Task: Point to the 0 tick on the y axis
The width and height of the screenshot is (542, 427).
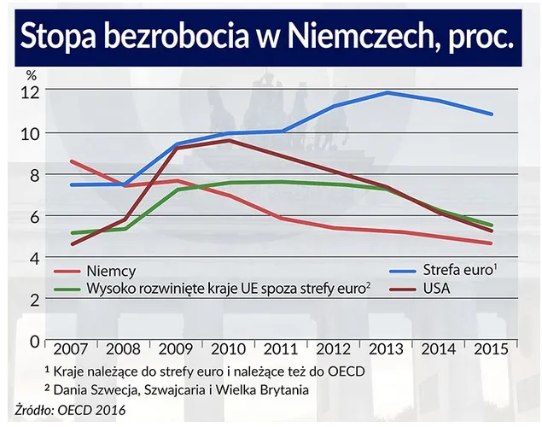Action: [x=34, y=341]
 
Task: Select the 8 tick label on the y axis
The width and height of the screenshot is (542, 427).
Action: [x=34, y=175]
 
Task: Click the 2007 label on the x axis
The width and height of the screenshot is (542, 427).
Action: [x=70, y=352]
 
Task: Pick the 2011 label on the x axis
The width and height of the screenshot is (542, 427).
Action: [x=281, y=352]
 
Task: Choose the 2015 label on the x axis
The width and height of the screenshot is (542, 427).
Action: [x=492, y=352]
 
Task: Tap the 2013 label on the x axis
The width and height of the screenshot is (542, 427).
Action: [x=387, y=352]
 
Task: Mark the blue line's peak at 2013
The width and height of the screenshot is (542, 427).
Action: [x=387, y=92]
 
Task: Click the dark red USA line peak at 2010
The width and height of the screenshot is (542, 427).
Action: [x=228, y=140]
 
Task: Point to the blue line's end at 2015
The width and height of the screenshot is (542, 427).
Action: [x=492, y=114]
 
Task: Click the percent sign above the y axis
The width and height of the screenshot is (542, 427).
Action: [x=31, y=76]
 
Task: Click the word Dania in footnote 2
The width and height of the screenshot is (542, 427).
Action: [x=71, y=390]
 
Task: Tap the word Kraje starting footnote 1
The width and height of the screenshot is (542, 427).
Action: [x=70, y=372]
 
